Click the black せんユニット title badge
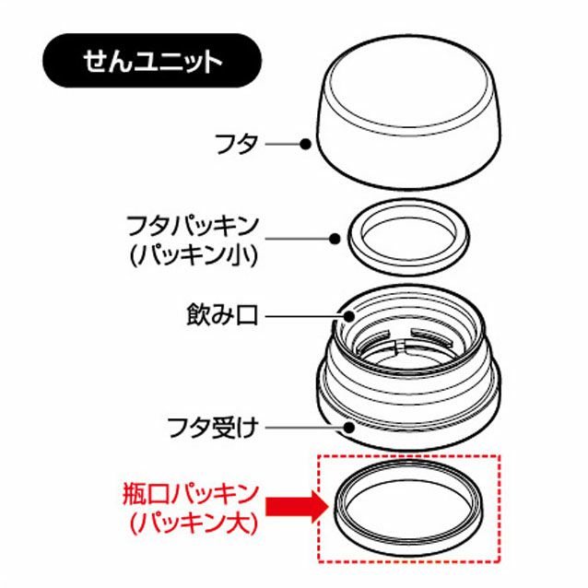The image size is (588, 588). [x=152, y=61]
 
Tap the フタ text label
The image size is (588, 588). [x=236, y=144]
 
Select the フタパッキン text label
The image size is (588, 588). [x=193, y=226]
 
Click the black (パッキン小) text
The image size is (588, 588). [x=194, y=255]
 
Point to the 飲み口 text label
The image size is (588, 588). [x=222, y=315]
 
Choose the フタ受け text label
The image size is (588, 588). [x=213, y=427]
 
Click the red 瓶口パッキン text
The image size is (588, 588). [x=191, y=493]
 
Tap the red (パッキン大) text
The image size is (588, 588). [x=194, y=523]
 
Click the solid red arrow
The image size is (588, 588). [x=297, y=508]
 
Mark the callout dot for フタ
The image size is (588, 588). [x=306, y=144]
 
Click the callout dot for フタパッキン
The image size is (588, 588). [x=335, y=239]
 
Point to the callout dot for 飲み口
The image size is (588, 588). [x=348, y=316]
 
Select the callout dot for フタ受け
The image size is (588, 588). [x=349, y=427]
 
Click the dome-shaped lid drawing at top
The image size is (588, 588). [x=409, y=161]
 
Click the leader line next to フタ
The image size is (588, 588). [x=283, y=144]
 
